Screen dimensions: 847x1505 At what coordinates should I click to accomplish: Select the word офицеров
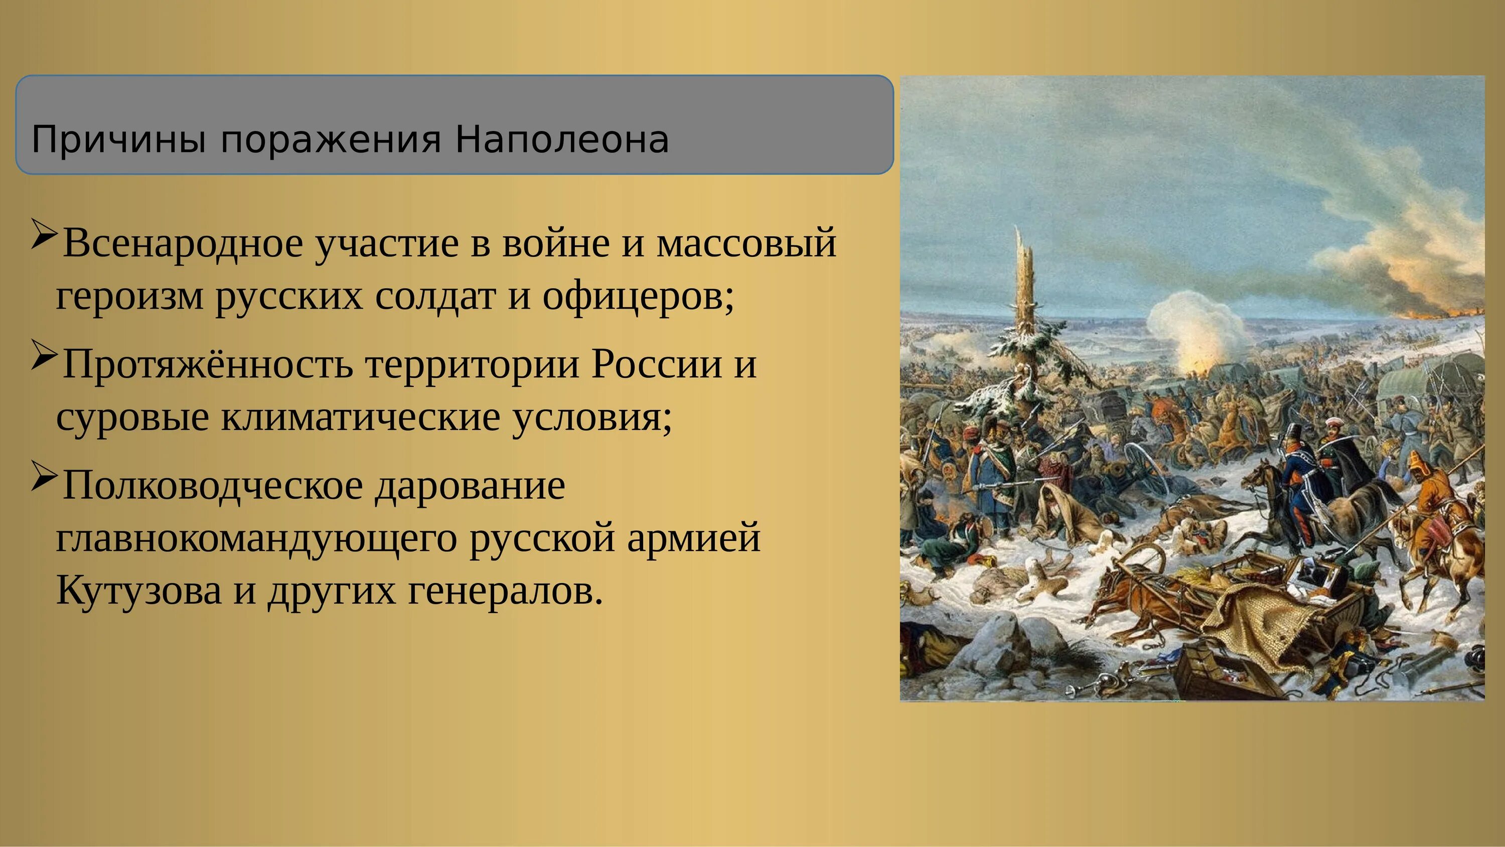pos(638,296)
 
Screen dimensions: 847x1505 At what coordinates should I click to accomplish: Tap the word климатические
pos(360,417)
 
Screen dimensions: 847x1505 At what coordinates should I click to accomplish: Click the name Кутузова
pos(138,591)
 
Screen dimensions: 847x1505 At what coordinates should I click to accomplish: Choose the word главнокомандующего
pos(256,538)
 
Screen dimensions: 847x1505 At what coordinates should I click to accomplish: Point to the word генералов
pos(505,591)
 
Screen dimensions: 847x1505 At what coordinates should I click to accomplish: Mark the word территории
pos(472,364)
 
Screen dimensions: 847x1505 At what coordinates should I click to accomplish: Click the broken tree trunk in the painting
pos(1026,292)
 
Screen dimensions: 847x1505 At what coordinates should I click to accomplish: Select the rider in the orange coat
pos(1426,491)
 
